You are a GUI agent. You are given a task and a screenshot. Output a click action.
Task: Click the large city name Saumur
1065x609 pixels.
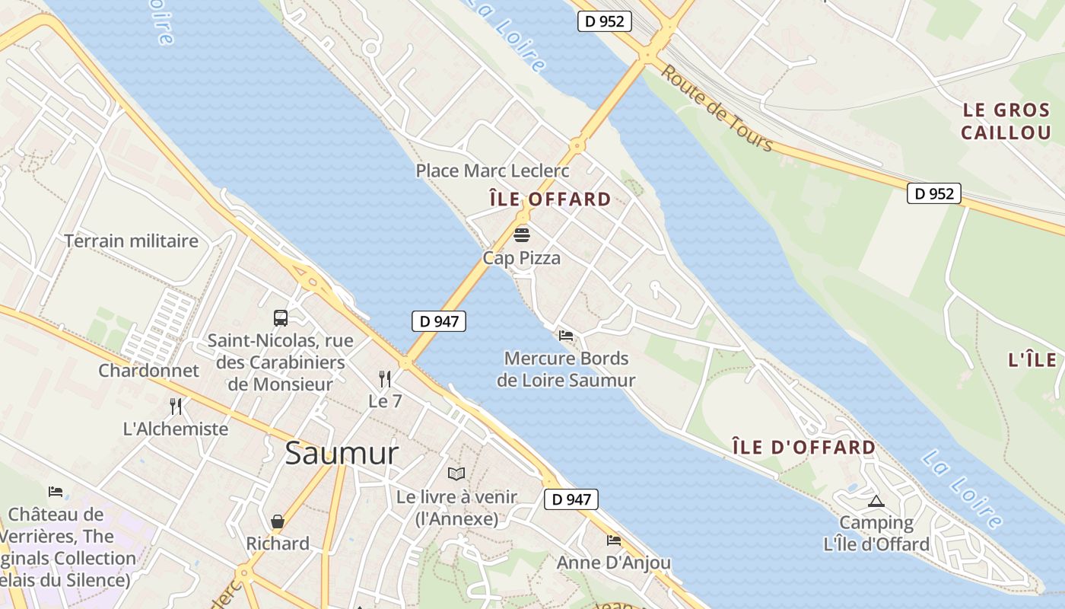click(x=342, y=454)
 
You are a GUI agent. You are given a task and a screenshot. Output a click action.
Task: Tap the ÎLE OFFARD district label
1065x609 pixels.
click(x=550, y=199)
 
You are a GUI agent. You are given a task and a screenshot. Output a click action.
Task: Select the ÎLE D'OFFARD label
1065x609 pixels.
click(x=804, y=447)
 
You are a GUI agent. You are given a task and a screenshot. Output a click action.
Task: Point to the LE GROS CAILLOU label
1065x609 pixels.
click(x=1006, y=121)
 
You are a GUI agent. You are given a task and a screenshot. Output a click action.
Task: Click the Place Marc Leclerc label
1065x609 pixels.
click(x=492, y=171)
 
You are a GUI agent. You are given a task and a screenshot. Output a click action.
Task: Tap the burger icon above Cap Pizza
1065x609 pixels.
click(x=521, y=234)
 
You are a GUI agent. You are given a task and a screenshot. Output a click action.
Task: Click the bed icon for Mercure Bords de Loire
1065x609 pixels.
click(x=566, y=335)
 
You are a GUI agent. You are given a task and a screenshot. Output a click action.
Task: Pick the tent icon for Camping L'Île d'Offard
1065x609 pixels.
click(x=876, y=501)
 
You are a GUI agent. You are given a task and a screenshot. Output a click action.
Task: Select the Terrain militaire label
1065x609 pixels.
click(x=131, y=241)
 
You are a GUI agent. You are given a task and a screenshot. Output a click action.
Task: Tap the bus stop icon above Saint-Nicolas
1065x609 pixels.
click(x=281, y=317)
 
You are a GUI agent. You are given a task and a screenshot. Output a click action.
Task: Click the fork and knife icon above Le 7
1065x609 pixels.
click(x=385, y=378)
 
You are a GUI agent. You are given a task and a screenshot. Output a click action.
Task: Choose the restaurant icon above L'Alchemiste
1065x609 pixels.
click(x=176, y=406)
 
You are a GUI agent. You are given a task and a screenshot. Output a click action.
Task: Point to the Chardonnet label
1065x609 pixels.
click(x=148, y=371)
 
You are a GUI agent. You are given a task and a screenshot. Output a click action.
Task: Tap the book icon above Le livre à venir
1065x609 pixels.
click(x=456, y=474)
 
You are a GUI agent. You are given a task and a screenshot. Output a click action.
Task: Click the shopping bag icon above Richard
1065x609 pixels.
click(x=278, y=521)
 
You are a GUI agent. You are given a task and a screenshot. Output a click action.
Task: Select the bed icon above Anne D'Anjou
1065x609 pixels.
click(x=614, y=540)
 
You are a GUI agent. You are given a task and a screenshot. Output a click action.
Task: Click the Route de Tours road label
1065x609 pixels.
click(x=716, y=108)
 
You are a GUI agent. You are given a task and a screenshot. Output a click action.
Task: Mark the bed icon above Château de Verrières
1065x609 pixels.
click(x=56, y=492)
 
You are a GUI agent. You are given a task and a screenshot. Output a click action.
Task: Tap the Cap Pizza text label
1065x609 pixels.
click(x=521, y=258)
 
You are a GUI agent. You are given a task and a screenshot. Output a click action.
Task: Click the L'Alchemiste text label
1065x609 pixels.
click(x=176, y=429)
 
